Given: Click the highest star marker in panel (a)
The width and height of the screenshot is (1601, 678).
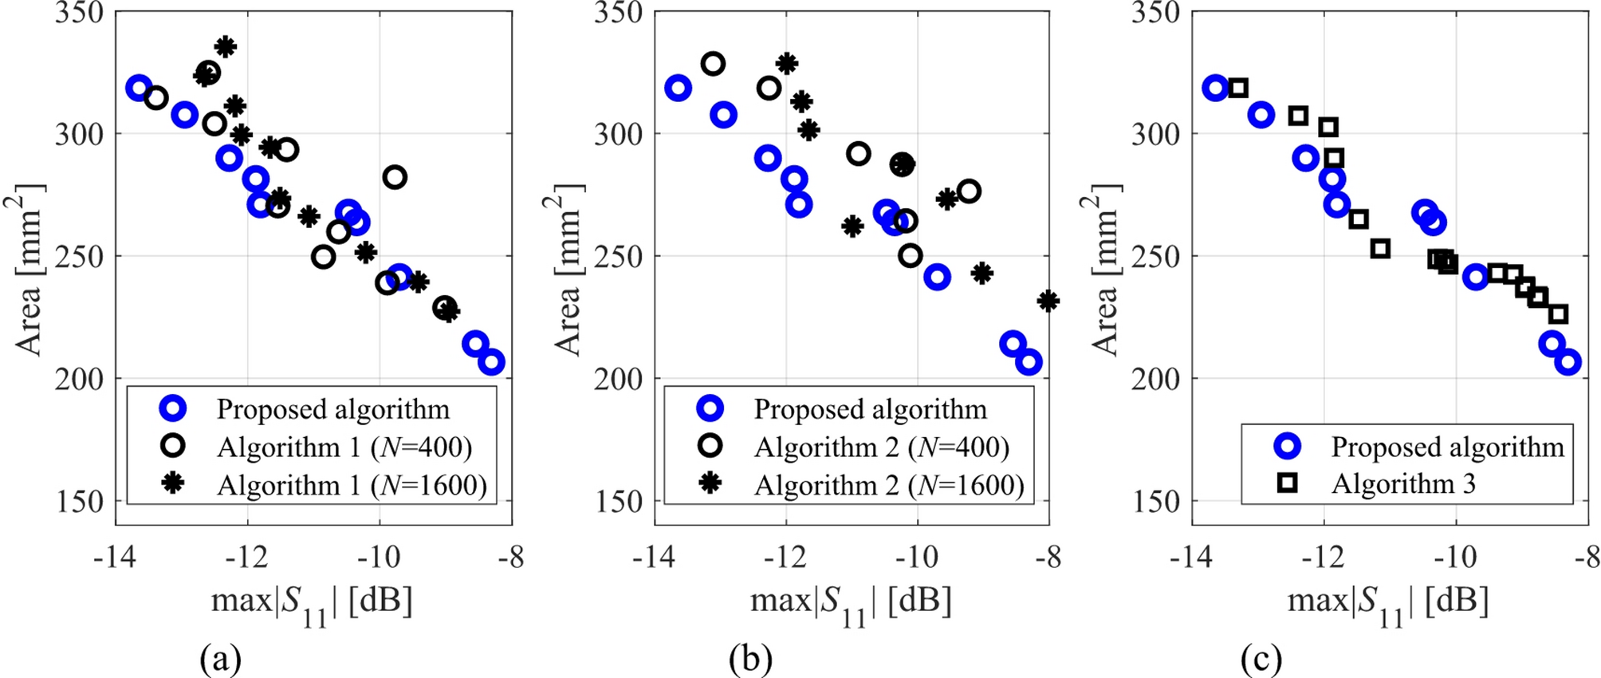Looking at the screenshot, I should tap(226, 46).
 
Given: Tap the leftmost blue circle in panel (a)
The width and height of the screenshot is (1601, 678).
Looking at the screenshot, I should tap(139, 88).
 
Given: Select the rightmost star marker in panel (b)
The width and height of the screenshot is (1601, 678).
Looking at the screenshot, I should tap(1048, 301).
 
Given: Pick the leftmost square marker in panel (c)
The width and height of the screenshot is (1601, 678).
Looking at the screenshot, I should tap(1237, 88).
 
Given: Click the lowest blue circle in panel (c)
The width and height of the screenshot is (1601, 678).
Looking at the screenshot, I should tap(1568, 362).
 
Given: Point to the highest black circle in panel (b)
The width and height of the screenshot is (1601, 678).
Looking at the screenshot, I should tap(713, 64).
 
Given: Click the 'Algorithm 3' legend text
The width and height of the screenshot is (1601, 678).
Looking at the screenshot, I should tap(1403, 483).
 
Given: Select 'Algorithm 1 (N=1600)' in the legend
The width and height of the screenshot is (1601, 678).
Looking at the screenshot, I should tap(352, 485).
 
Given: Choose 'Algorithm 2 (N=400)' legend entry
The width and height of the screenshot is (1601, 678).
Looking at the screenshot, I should tap(882, 447).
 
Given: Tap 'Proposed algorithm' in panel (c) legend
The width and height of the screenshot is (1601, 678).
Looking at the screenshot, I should tap(1447, 447).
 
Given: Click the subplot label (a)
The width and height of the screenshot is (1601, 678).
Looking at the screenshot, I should tap(220, 660).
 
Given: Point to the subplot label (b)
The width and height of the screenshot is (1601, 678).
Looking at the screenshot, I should tap(750, 660).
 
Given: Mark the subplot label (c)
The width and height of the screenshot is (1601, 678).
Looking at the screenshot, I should tap(1261, 660).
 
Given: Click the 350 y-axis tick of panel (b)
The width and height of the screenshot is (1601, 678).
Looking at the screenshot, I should tap(618, 13).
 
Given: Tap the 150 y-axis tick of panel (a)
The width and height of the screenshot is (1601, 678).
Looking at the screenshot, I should tap(80, 502).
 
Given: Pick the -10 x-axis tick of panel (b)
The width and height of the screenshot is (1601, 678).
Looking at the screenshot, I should tap(917, 557).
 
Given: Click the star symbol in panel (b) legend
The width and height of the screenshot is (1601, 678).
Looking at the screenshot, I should tap(710, 483).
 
